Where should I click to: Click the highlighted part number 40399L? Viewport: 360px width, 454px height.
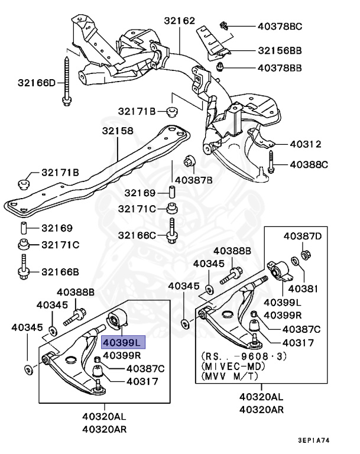[121, 343]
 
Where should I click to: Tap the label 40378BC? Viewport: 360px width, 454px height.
[279, 26]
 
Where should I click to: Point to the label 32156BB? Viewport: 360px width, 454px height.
[279, 51]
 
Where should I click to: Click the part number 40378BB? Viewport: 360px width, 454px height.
[279, 68]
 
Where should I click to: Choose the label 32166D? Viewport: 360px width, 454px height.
[37, 83]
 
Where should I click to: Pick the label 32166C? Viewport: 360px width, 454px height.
[137, 235]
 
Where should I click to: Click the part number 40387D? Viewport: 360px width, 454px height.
[303, 236]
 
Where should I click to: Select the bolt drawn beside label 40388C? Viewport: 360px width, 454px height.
[271, 163]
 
